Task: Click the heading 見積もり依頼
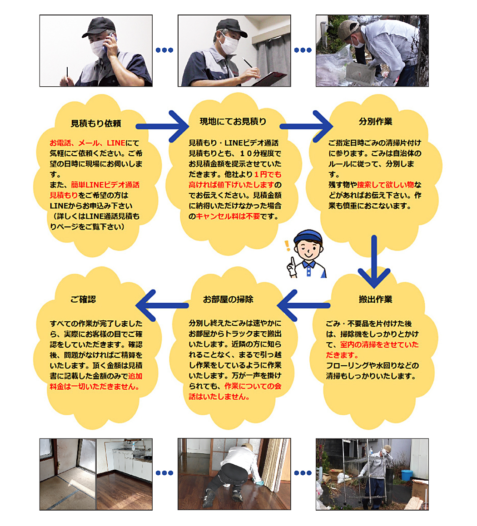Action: (x=96, y=123)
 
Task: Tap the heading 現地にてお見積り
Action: (x=233, y=121)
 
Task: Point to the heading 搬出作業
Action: (x=375, y=299)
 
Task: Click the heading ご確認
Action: (x=83, y=299)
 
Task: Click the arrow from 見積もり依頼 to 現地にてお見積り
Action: (x=161, y=126)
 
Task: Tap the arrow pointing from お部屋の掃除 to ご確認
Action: (x=161, y=305)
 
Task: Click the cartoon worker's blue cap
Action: (x=308, y=236)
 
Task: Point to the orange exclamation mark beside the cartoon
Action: (x=287, y=246)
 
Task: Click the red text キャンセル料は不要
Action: (x=228, y=216)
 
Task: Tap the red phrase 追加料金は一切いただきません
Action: (x=96, y=381)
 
